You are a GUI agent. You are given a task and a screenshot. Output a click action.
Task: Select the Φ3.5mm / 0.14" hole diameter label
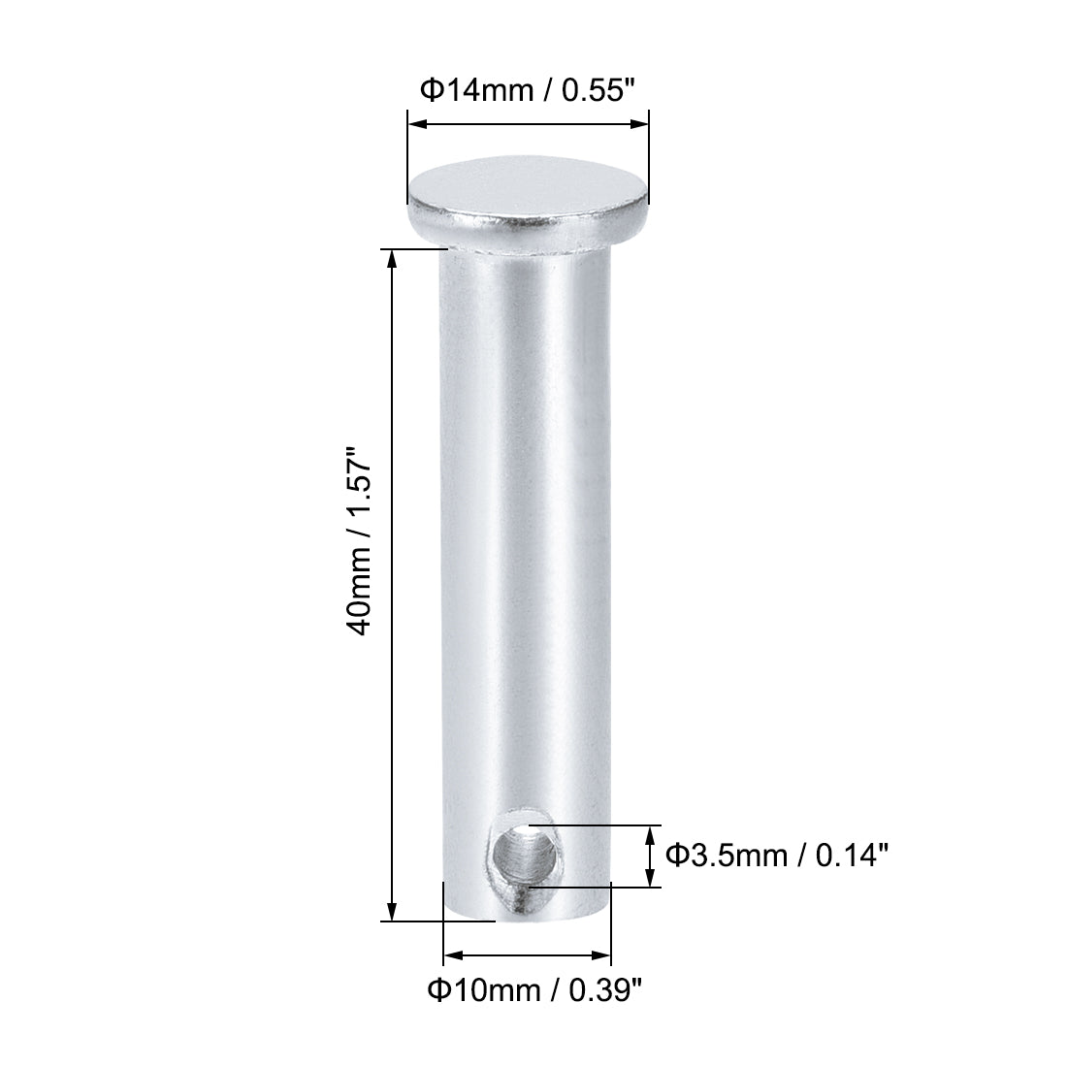(777, 856)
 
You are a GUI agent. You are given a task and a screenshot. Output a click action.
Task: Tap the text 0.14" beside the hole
(853, 856)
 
